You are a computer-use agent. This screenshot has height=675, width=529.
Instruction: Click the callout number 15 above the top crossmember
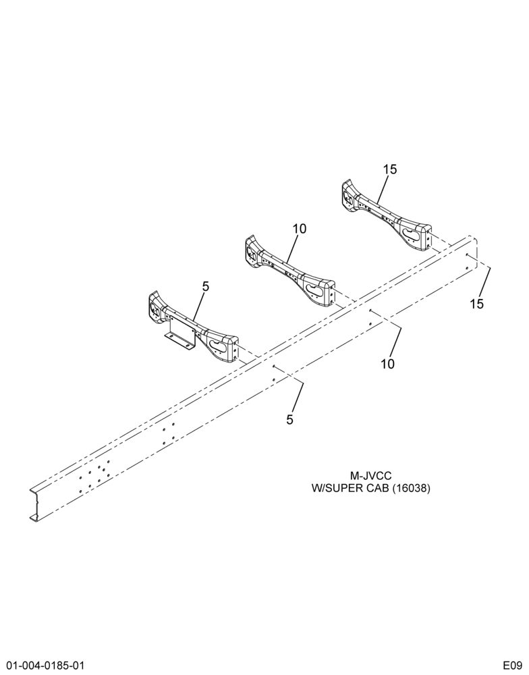point(390,169)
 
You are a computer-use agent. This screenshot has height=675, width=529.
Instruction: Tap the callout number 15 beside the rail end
point(477,304)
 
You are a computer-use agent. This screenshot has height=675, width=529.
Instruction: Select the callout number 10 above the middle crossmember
point(300,229)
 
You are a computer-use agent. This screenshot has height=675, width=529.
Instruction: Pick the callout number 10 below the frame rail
point(387,364)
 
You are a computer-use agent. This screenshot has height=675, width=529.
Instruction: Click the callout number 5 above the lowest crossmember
point(206,286)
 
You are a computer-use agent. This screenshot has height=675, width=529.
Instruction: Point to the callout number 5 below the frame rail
point(289,419)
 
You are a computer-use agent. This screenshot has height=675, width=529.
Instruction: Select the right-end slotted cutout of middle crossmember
point(316,291)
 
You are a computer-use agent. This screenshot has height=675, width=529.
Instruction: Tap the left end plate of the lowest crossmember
point(155,306)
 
